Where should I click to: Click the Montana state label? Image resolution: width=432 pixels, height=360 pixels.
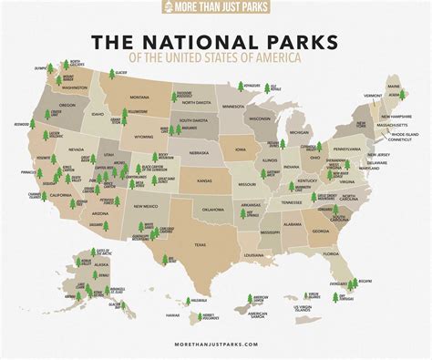coord(139,97)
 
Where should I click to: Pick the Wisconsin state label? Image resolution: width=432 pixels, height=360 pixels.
coord(261,118)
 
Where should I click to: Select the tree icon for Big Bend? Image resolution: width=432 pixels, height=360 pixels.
coord(166,259)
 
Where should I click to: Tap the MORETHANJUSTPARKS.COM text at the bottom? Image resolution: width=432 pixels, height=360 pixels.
coord(215,345)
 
